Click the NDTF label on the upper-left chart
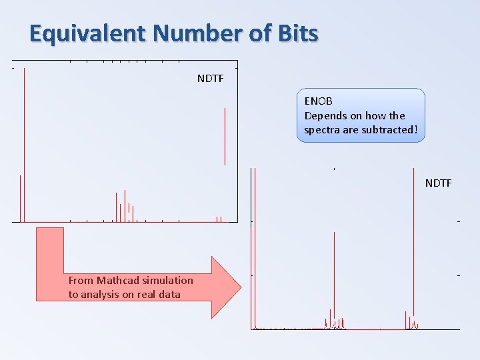coord(211,79)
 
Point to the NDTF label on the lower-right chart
coord(439,183)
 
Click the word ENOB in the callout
coord(319,101)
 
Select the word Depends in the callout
coord(323,115)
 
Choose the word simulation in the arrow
coord(168,280)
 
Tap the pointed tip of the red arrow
coord(241,287)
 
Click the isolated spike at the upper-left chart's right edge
coord(225,137)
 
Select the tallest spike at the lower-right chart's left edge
coord(255,247)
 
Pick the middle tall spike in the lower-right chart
coord(334,280)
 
